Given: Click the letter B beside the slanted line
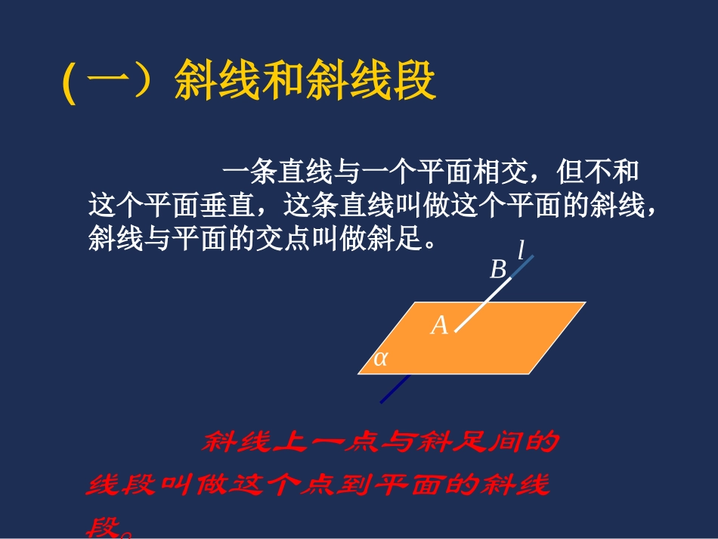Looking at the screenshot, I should click(498, 270).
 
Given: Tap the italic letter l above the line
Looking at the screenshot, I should click(521, 249).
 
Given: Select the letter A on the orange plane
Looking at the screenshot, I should click(439, 326).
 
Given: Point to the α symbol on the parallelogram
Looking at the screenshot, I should click(380, 358).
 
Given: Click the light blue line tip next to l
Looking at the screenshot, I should click(525, 265).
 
